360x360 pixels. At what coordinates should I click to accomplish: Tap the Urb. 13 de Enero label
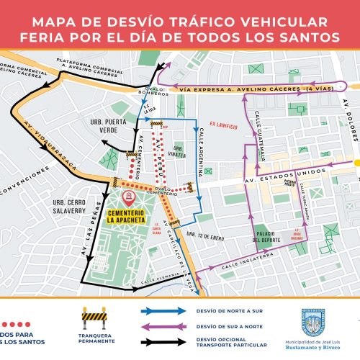[203, 234]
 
